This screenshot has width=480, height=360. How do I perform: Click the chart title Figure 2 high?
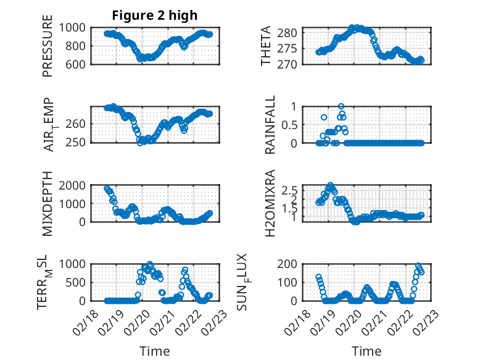tap(155, 15)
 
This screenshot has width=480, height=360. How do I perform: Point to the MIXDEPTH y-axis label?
tap(48, 203)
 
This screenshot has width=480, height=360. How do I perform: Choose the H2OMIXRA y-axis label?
tap(270, 203)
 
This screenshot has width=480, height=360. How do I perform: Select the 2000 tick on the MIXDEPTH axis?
tap(73, 185)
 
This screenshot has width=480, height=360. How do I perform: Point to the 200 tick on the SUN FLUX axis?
tap(291, 264)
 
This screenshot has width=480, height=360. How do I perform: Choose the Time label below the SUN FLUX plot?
tap(366, 351)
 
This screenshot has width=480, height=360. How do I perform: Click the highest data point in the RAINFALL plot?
tap(341, 106)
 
